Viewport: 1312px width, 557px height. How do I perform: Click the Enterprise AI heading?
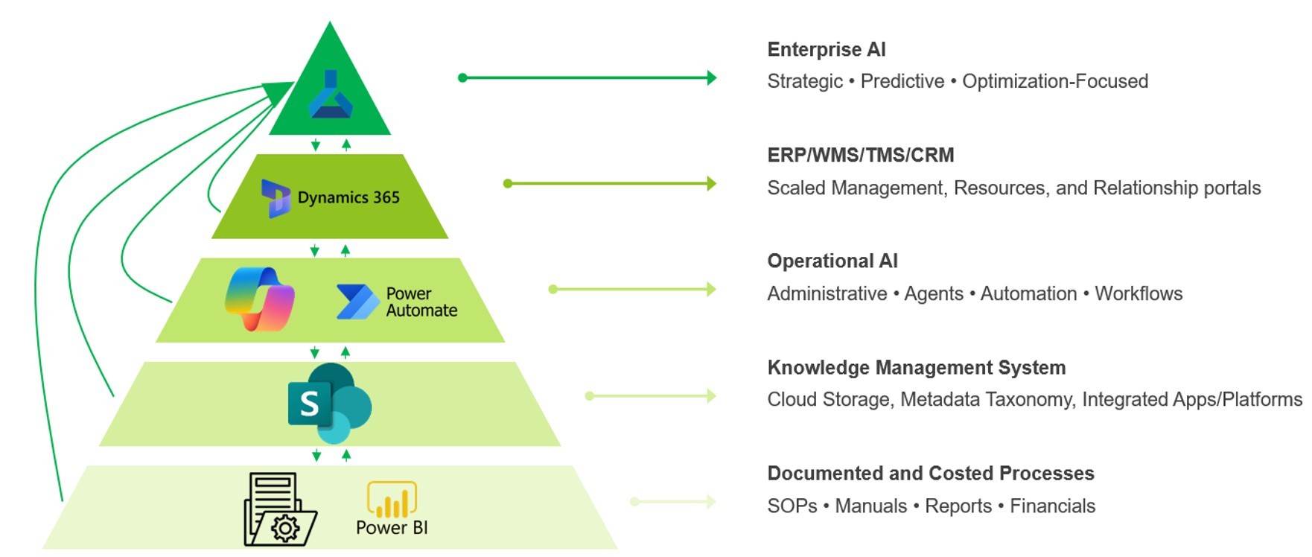tap(826, 50)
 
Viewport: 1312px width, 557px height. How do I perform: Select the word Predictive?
tap(902, 81)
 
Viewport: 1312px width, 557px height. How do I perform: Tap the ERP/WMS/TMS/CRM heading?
tap(860, 156)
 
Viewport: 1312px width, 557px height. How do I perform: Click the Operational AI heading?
tap(832, 261)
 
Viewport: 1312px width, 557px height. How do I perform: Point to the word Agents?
tap(933, 294)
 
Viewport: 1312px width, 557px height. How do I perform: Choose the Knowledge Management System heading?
tap(916, 368)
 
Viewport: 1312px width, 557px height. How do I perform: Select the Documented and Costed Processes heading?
tap(930, 474)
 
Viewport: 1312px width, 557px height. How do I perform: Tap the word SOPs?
tap(792, 506)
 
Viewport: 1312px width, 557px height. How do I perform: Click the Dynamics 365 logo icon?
tap(276, 198)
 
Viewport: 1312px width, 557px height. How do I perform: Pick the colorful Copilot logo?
tap(260, 299)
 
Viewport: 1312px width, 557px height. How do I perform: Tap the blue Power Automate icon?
tap(357, 302)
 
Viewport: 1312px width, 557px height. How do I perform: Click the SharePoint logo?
tap(329, 403)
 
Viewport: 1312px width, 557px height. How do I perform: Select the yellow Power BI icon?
tap(392, 499)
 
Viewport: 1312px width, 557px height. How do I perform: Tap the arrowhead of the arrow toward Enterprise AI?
tap(711, 77)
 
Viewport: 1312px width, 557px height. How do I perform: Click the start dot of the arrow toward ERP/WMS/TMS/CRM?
tap(508, 183)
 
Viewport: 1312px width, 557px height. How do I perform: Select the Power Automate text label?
tap(421, 302)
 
